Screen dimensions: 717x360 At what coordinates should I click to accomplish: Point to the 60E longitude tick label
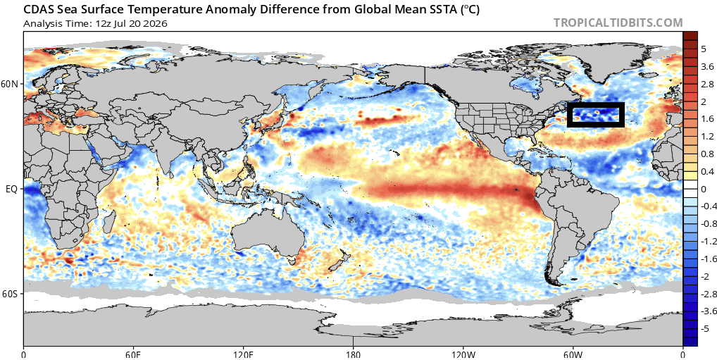(133, 354)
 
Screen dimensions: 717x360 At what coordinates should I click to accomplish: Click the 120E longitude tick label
(243, 354)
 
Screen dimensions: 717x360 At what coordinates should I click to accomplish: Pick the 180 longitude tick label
(353, 354)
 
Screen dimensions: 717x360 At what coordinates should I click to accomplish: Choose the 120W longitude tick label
(463, 354)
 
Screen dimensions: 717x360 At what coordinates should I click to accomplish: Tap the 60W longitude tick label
(573, 354)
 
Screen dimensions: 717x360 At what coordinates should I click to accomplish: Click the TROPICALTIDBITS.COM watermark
(618, 23)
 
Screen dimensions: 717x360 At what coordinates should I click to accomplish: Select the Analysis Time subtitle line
(94, 23)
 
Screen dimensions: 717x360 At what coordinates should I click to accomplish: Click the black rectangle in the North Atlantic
(595, 105)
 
